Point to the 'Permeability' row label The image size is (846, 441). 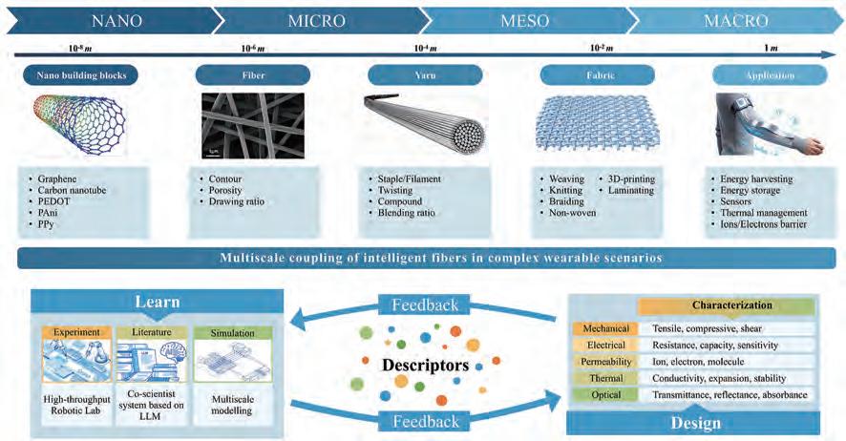click(601, 361)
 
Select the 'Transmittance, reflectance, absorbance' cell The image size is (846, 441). click(730, 394)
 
